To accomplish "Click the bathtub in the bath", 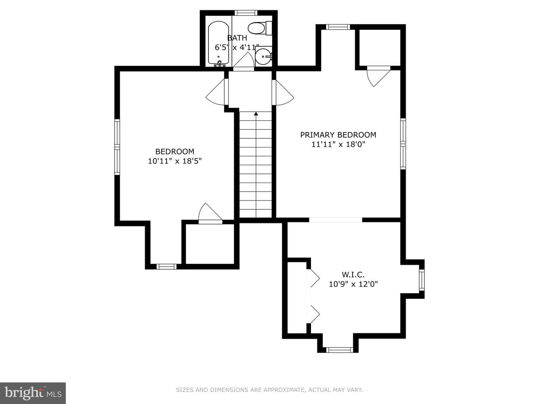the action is click(x=219, y=44).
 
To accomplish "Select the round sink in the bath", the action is click(x=263, y=56).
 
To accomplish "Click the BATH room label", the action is click(x=237, y=38).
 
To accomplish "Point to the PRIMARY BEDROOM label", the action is click(x=338, y=135).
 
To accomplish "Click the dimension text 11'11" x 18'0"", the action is click(x=338, y=144).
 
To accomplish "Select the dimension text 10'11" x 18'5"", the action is click(x=174, y=161).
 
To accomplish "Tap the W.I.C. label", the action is click(x=353, y=274).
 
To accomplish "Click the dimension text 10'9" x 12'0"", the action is click(x=353, y=284).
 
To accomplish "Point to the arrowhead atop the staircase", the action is click(x=256, y=114).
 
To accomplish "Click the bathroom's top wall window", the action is click(x=246, y=13).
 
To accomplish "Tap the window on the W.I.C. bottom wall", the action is click(x=339, y=350).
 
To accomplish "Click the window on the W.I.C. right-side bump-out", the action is click(x=421, y=280).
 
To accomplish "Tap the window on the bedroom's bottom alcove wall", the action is click(x=167, y=266).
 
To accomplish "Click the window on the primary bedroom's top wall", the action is click(x=338, y=27).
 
